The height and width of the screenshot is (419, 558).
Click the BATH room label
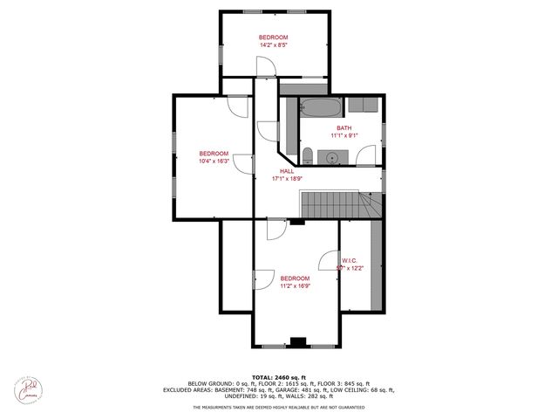pyautogui.click(x=344, y=127)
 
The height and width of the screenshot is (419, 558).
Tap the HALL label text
pyautogui.click(x=286, y=171)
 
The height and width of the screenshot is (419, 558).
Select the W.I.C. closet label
pyautogui.click(x=350, y=259)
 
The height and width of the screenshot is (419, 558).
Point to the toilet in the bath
pyautogui.click(x=308, y=156)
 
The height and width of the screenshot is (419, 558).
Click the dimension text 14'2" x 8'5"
pyautogui.click(x=273, y=45)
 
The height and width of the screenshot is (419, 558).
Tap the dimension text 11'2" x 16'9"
pyautogui.click(x=295, y=285)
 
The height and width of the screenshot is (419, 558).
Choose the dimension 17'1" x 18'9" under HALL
pyautogui.click(x=286, y=179)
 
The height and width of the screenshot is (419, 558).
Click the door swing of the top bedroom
pyautogui.click(x=266, y=64)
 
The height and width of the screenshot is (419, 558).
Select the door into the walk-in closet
pyautogui.click(x=330, y=262)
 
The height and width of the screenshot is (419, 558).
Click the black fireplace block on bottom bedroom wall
pyautogui.click(x=297, y=341)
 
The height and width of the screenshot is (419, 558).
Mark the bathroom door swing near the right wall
pyautogui.click(x=368, y=156)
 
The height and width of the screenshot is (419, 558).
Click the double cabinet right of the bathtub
pyautogui.click(x=363, y=106)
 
